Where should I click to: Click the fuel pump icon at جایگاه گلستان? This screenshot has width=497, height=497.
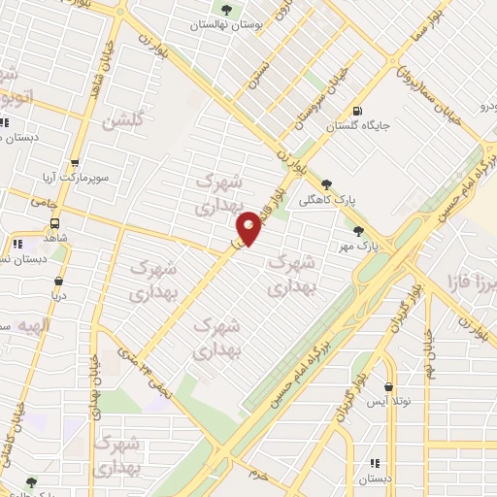coord(360,110)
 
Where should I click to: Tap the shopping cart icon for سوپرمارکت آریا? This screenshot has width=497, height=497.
coord(75,164)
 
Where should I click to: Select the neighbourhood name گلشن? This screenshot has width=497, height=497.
coord(128,120)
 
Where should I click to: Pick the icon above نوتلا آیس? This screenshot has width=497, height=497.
coord(389,385)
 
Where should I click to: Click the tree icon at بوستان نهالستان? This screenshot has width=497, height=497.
coord(226,11)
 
